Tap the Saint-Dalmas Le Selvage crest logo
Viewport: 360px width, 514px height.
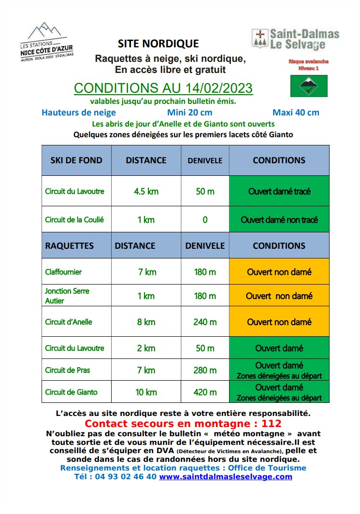(260, 38)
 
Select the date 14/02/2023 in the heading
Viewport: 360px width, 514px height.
(218, 88)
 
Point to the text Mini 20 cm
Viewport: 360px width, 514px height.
(189, 113)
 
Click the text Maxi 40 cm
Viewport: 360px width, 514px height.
(296, 113)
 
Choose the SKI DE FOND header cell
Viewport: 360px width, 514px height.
(76, 160)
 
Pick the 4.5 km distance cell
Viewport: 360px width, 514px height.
(146, 191)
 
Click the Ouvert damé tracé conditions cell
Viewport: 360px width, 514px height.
(279, 191)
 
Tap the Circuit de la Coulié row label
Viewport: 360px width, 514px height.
(74, 220)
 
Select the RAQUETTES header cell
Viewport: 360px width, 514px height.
(70, 246)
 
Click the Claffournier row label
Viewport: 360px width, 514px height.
(63, 272)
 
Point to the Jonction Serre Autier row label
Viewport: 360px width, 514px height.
(67, 296)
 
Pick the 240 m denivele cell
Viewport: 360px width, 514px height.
(205, 322)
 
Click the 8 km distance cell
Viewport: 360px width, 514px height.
(146, 322)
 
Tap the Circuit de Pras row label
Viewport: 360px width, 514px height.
(68, 371)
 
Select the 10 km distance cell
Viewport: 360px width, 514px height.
(146, 392)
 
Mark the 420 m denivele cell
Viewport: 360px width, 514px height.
(205, 392)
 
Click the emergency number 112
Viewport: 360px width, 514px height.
(271, 424)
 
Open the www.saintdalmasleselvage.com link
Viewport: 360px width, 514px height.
(226, 477)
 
